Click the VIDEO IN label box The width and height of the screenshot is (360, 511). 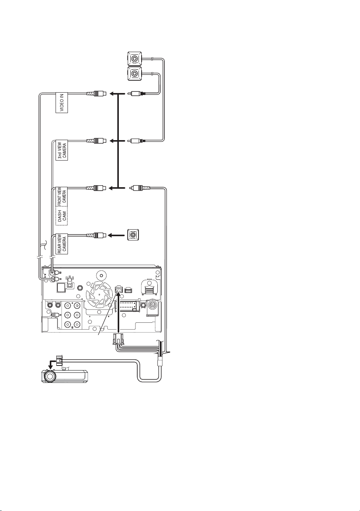(x=62, y=102)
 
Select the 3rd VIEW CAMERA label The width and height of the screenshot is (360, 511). (x=62, y=150)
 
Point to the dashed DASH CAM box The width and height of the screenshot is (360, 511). (x=62, y=216)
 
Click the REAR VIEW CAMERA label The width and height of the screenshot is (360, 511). (x=62, y=244)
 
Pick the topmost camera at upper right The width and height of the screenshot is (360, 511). (x=135, y=59)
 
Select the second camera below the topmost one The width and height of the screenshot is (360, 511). (x=135, y=73)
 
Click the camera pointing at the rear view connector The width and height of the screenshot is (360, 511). (x=133, y=235)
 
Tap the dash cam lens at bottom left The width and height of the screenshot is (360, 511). (x=49, y=376)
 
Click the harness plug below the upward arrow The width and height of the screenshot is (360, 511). (x=118, y=339)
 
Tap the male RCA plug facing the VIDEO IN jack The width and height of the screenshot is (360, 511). (x=137, y=93)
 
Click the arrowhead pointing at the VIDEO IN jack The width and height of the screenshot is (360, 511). (x=112, y=93)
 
